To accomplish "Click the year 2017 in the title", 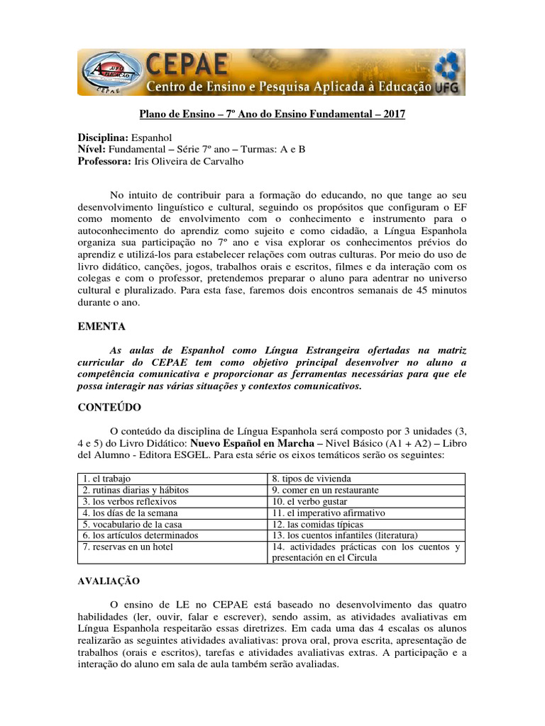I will pos(391,113).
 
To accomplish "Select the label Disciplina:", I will pos(102,137).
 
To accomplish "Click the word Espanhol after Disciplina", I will pos(152,137).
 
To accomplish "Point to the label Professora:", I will pos(104,162).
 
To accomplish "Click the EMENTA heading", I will pos(101,327).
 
